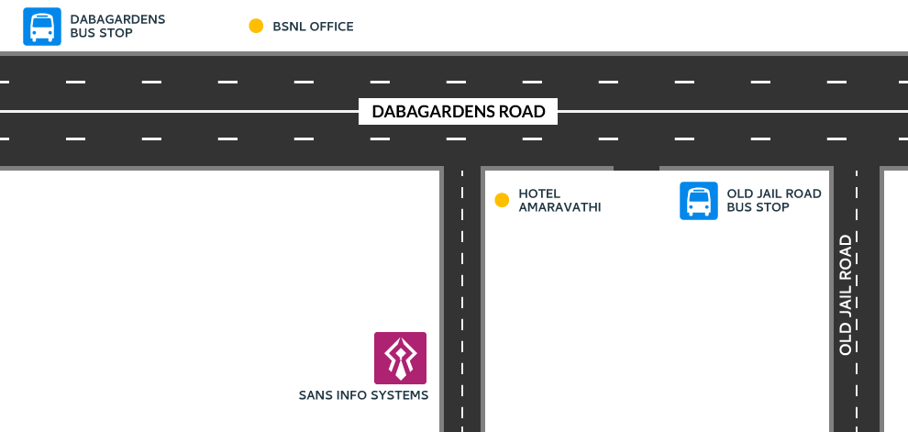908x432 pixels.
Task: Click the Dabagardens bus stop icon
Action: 41,26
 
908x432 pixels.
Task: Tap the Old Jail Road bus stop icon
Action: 698,201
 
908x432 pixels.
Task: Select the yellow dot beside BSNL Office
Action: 256,26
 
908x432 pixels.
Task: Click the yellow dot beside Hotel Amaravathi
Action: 502,200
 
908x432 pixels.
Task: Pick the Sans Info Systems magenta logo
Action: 400,358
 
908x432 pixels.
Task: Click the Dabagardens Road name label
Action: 458,111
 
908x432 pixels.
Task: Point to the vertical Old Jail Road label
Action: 846,294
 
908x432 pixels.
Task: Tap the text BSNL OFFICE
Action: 313,27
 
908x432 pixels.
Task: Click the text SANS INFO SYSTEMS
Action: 364,395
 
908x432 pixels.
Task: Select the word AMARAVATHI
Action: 559,207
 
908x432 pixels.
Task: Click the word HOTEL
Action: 539,194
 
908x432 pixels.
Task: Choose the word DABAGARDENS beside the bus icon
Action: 117,19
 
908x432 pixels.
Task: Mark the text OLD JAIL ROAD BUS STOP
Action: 774,200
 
